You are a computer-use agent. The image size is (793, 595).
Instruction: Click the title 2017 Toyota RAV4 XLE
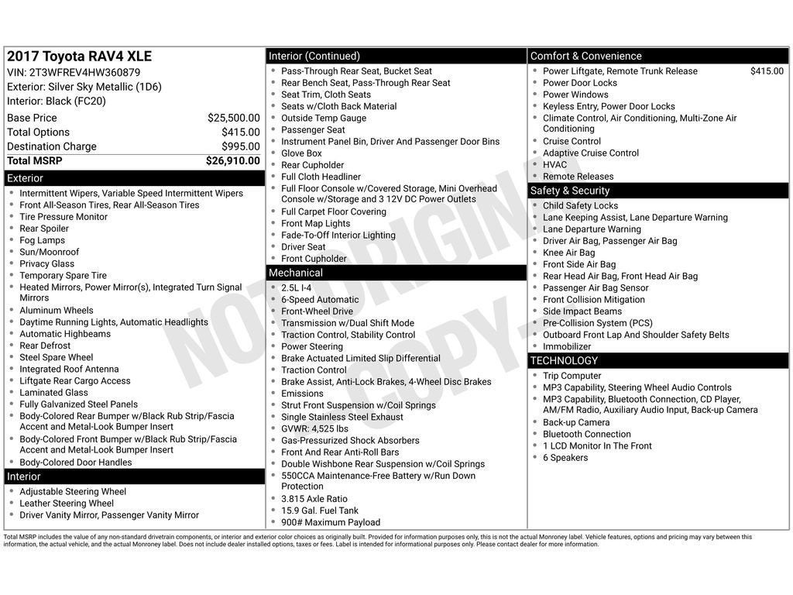coord(80,57)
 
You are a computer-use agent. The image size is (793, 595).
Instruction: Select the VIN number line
coord(74,72)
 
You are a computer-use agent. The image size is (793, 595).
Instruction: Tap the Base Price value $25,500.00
coord(233,118)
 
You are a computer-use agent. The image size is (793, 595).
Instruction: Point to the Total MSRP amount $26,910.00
coord(232,161)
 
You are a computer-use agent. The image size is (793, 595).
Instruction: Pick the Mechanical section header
coord(295,273)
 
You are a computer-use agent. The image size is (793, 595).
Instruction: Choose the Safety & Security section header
coord(570,191)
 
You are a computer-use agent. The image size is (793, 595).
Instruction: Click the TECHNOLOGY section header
coord(564,360)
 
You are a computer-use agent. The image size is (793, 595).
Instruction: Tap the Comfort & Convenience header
coord(585,56)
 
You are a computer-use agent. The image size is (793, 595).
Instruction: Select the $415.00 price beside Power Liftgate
coord(767,71)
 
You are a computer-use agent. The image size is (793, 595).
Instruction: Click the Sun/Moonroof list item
coord(49,252)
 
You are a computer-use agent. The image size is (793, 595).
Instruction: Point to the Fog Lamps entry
coord(42,240)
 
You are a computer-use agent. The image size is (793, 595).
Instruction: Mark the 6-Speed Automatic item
coord(320,300)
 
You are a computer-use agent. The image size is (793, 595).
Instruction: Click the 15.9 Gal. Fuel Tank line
coord(320,511)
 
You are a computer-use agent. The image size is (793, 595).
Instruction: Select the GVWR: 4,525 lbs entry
coord(314,428)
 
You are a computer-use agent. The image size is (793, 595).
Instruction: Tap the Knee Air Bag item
coord(568,253)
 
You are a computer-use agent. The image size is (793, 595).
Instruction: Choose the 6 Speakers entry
coord(565,458)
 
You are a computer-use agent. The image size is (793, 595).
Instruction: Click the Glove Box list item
coord(301,153)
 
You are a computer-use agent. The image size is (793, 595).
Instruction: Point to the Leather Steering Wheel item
coord(66,504)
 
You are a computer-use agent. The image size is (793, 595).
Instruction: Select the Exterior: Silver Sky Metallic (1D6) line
coord(84,87)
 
